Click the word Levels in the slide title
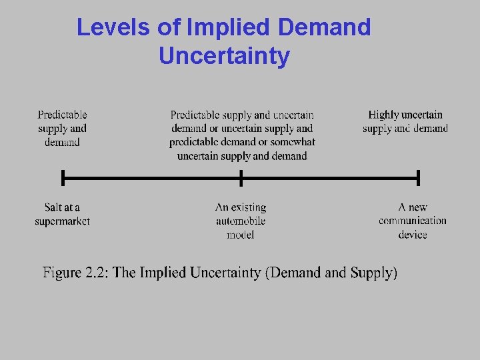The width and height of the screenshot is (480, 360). (x=114, y=27)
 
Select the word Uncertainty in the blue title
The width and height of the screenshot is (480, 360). (x=224, y=56)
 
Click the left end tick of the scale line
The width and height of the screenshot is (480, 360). (x=63, y=178)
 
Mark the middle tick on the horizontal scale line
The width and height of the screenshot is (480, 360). (x=241, y=178)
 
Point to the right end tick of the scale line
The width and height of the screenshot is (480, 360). (x=418, y=178)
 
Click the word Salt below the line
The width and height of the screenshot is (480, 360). (x=55, y=207)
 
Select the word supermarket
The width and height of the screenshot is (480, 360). (x=62, y=221)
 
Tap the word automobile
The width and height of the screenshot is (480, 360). (x=241, y=221)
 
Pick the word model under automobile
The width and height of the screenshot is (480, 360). (x=241, y=235)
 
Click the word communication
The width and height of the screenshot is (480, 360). (x=413, y=221)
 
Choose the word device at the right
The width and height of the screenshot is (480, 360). (x=413, y=235)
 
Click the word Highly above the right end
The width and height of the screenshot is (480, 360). (x=384, y=115)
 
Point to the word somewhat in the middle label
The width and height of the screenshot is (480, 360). (x=291, y=142)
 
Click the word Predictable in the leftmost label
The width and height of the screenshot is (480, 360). (x=62, y=115)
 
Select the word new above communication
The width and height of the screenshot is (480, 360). (x=418, y=207)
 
